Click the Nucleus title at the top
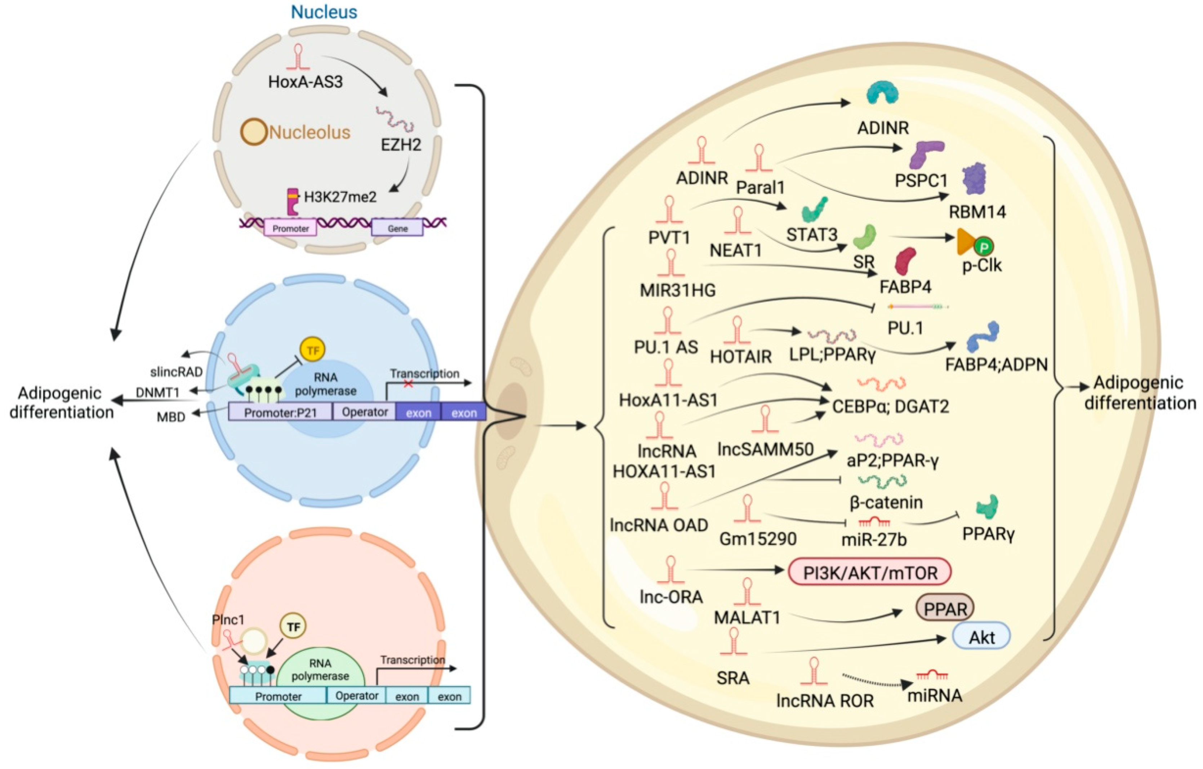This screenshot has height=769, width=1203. pyautogui.click(x=324, y=12)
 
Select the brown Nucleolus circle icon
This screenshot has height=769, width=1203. pyautogui.click(x=253, y=132)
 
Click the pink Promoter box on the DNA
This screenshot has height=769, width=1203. pyautogui.click(x=290, y=228)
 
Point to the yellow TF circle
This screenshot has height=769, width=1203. pyautogui.click(x=312, y=350)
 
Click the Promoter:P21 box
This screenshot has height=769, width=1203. pyautogui.click(x=280, y=413)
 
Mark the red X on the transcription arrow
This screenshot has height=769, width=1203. pyautogui.click(x=408, y=384)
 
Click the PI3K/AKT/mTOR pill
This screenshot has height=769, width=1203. pyautogui.click(x=870, y=573)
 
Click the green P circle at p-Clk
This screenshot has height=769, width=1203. pyautogui.click(x=984, y=246)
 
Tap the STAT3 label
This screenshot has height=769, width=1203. pyautogui.click(x=811, y=234)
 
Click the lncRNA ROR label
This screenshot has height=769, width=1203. pyautogui.click(x=825, y=701)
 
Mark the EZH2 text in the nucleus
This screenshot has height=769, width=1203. pyautogui.click(x=401, y=145)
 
